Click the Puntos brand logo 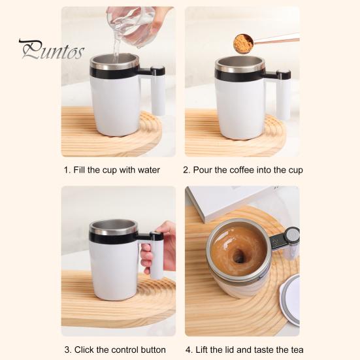52,50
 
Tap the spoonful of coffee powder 243,44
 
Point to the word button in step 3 153,350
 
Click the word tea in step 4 297,350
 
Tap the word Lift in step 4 202,350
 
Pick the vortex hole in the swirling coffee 238,255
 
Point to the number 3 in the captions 67,350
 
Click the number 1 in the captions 67,170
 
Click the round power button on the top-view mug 292,235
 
